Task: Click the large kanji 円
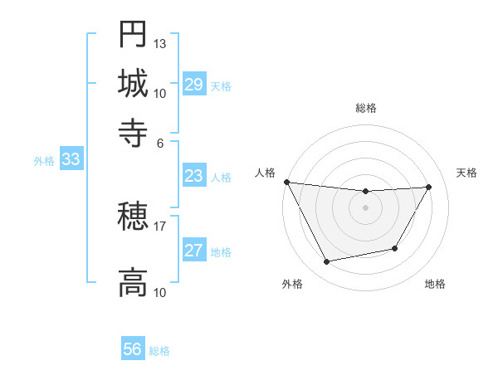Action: coord(133,35)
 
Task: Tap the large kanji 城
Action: coord(133,83)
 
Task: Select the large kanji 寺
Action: coord(133,131)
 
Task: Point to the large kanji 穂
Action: coord(133,217)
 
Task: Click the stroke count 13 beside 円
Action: coord(160,43)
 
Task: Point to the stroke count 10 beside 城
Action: coord(160,93)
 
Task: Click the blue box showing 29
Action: coord(194,85)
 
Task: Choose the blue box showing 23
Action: coord(194,176)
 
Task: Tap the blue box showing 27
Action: coord(194,251)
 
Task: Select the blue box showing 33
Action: coord(71,160)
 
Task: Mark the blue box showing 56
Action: coord(133,349)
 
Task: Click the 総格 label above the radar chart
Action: coord(366,109)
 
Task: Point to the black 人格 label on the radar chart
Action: coord(266,173)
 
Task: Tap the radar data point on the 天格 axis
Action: coord(429,187)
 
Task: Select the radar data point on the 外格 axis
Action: coord(326,262)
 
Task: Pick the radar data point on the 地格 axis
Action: coord(395,249)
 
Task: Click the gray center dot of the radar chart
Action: coord(366,207)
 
